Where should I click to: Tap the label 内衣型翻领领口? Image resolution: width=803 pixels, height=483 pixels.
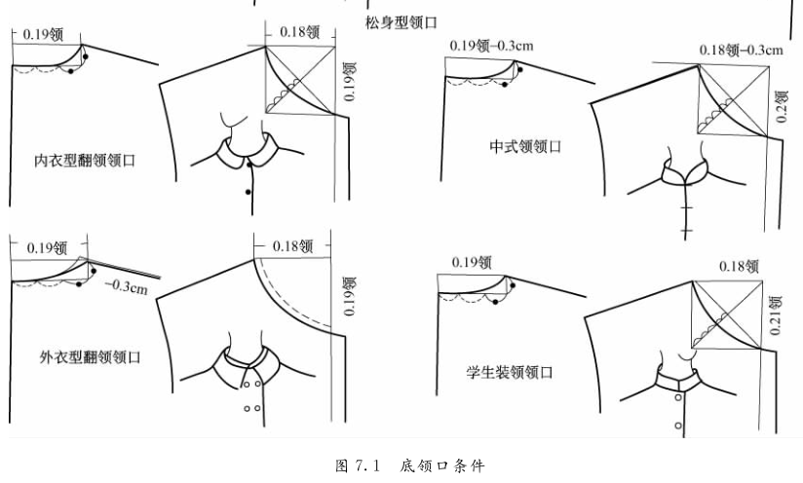77,160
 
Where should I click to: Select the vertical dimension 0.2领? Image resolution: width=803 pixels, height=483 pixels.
781,103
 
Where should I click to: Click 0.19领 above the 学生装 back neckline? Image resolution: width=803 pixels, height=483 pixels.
471,263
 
